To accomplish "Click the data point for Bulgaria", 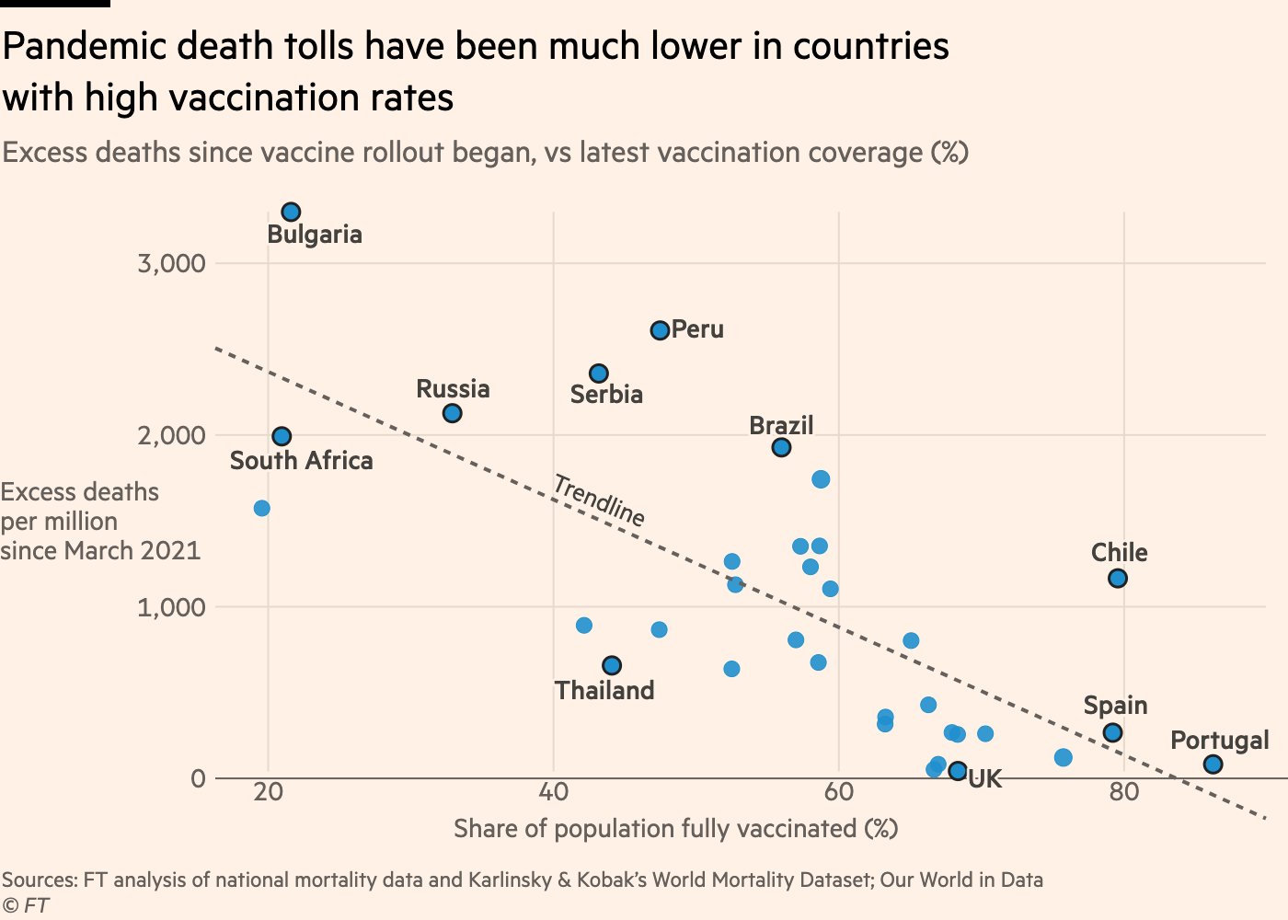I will click(291, 213).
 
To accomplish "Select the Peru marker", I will click(660, 330).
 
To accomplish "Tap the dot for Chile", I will click(1118, 579).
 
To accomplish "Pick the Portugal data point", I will click(1213, 765).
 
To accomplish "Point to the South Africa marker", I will click(282, 436).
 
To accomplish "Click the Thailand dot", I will click(612, 665).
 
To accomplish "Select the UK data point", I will click(958, 771).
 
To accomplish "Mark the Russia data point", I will click(452, 414).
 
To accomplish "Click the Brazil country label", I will click(781, 425).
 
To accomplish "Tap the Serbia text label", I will click(606, 395).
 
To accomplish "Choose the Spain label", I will click(1115, 706).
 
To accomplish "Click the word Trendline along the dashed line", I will click(599, 500).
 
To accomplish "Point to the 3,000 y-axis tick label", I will click(171, 264).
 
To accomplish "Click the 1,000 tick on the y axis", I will click(171, 607).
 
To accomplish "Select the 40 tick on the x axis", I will click(553, 792).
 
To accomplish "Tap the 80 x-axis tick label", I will click(1123, 792).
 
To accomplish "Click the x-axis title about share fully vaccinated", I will click(675, 829).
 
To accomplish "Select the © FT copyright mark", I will click(25, 905).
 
